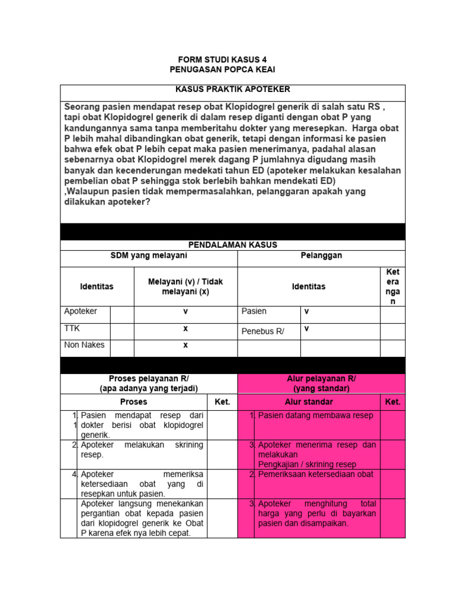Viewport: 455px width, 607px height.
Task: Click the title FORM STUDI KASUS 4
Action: (x=227, y=60)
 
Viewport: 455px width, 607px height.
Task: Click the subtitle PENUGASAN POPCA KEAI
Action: (x=227, y=70)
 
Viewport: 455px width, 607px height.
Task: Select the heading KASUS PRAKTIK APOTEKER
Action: (x=233, y=90)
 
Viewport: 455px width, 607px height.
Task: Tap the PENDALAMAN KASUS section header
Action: (x=233, y=244)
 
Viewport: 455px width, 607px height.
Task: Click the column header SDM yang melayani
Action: (x=149, y=255)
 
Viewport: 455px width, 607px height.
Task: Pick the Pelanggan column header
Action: (x=321, y=255)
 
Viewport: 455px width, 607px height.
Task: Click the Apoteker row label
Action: (x=81, y=311)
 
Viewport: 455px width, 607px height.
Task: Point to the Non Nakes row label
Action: (x=84, y=344)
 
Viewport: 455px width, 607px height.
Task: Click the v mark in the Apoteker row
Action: (x=185, y=311)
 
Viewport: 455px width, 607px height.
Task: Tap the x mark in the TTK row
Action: (x=185, y=328)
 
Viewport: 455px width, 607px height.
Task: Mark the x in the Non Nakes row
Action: (x=185, y=344)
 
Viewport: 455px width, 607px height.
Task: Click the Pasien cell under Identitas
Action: (x=254, y=311)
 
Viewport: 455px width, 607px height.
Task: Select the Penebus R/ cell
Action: (x=263, y=331)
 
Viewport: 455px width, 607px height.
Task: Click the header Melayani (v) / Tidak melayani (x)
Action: (x=185, y=286)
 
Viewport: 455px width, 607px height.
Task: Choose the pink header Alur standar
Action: (x=309, y=401)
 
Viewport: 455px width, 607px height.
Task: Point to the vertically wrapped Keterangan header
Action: (x=392, y=286)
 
